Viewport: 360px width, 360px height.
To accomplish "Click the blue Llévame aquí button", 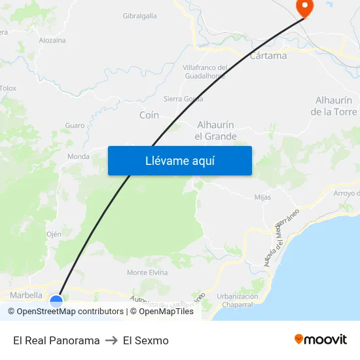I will [x=179, y=160].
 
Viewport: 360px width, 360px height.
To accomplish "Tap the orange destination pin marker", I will [x=304, y=7].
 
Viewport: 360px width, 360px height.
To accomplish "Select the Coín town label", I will [x=149, y=115].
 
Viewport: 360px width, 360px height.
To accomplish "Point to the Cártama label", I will [x=268, y=56].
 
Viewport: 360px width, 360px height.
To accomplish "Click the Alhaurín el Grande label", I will [x=216, y=130].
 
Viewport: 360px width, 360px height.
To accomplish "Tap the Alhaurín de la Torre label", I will [x=334, y=106].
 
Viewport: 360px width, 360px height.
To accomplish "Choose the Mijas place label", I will [x=262, y=197].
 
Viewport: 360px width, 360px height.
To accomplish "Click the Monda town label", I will [x=79, y=156].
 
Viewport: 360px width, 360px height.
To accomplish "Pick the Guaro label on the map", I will [x=75, y=126].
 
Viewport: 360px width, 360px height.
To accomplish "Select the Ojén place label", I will [x=54, y=234].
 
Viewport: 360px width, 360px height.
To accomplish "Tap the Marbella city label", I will [x=26, y=295].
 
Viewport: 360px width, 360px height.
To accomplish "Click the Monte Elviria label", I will [x=147, y=272].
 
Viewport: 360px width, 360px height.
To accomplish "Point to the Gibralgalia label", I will [x=140, y=16].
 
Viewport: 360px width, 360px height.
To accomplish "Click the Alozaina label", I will [x=52, y=41].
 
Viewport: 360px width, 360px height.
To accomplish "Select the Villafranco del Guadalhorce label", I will [x=205, y=71].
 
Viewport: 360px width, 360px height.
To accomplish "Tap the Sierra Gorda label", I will [x=183, y=99].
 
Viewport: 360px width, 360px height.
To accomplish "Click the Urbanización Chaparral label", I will [x=237, y=300].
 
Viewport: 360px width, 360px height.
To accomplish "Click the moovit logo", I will [x=321, y=340].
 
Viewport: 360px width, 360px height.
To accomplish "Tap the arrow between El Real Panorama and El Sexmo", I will [x=111, y=340].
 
